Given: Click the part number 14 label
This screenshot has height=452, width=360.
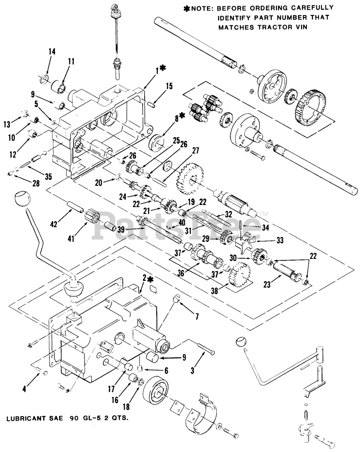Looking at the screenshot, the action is tap(52, 52).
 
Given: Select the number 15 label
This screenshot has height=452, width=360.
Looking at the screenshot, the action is tap(169, 86).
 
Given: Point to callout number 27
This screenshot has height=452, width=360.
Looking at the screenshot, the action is tap(195, 151).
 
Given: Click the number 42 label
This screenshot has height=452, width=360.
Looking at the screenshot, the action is tap(54, 224).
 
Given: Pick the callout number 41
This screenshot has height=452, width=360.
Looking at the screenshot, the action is tap(71, 239).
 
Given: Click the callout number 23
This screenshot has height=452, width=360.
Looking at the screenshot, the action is tap(267, 285).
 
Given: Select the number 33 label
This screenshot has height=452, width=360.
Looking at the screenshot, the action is tap(280, 240).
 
